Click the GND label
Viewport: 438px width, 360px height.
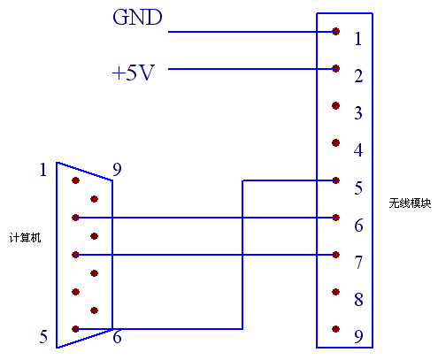pyautogui.click(x=137, y=17)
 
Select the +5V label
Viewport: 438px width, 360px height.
pyautogui.click(x=134, y=73)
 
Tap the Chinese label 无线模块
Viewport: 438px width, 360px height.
pyautogui.click(x=410, y=203)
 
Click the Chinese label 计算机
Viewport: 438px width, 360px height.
pyautogui.click(x=26, y=237)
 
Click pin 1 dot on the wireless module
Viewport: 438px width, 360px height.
pyautogui.click(x=335, y=31)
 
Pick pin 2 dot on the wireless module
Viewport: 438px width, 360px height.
pyautogui.click(x=335, y=69)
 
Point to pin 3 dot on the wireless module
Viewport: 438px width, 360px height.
pyautogui.click(x=335, y=105)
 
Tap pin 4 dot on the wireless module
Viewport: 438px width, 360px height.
pyautogui.click(x=335, y=143)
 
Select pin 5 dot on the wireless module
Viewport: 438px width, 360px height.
pyautogui.click(x=335, y=180)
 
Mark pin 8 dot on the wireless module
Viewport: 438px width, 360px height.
pyautogui.click(x=335, y=292)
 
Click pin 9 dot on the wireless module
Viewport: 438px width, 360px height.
pyautogui.click(x=335, y=329)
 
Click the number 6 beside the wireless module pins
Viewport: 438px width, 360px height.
pyautogui.click(x=358, y=226)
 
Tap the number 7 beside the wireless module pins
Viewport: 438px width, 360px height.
pyautogui.click(x=358, y=263)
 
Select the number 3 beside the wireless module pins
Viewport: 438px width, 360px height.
pyautogui.click(x=358, y=113)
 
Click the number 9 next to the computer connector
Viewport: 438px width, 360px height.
pyautogui.click(x=117, y=170)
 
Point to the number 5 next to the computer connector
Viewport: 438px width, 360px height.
pyautogui.click(x=43, y=337)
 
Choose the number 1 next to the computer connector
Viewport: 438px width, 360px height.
pyautogui.click(x=43, y=170)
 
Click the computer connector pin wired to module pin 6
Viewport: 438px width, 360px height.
pyautogui.click(x=75, y=218)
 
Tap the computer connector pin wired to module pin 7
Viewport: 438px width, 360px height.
pyautogui.click(x=75, y=255)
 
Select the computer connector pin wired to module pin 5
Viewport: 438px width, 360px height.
pyautogui.click(x=75, y=329)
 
